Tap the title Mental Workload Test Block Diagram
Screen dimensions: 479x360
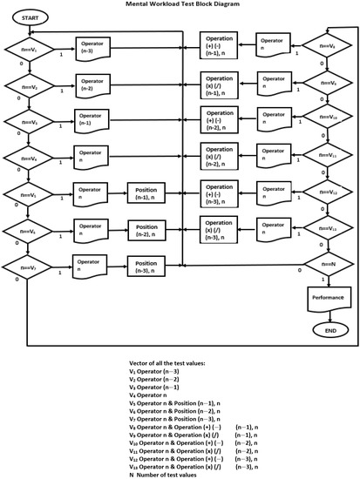coord(180,4)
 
